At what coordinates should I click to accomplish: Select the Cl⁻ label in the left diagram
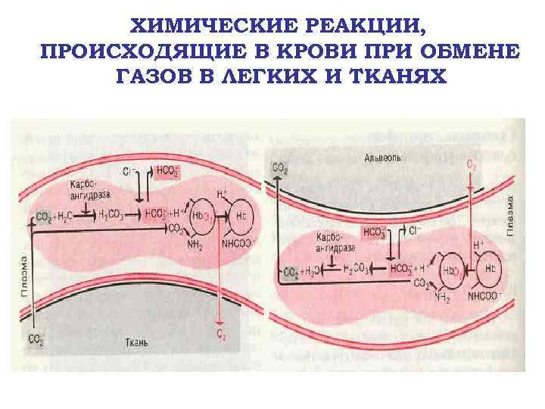(137, 172)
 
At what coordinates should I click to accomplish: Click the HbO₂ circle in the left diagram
(203, 216)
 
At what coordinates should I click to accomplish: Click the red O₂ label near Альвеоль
(471, 163)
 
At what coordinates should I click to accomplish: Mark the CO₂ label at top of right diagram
(279, 167)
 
